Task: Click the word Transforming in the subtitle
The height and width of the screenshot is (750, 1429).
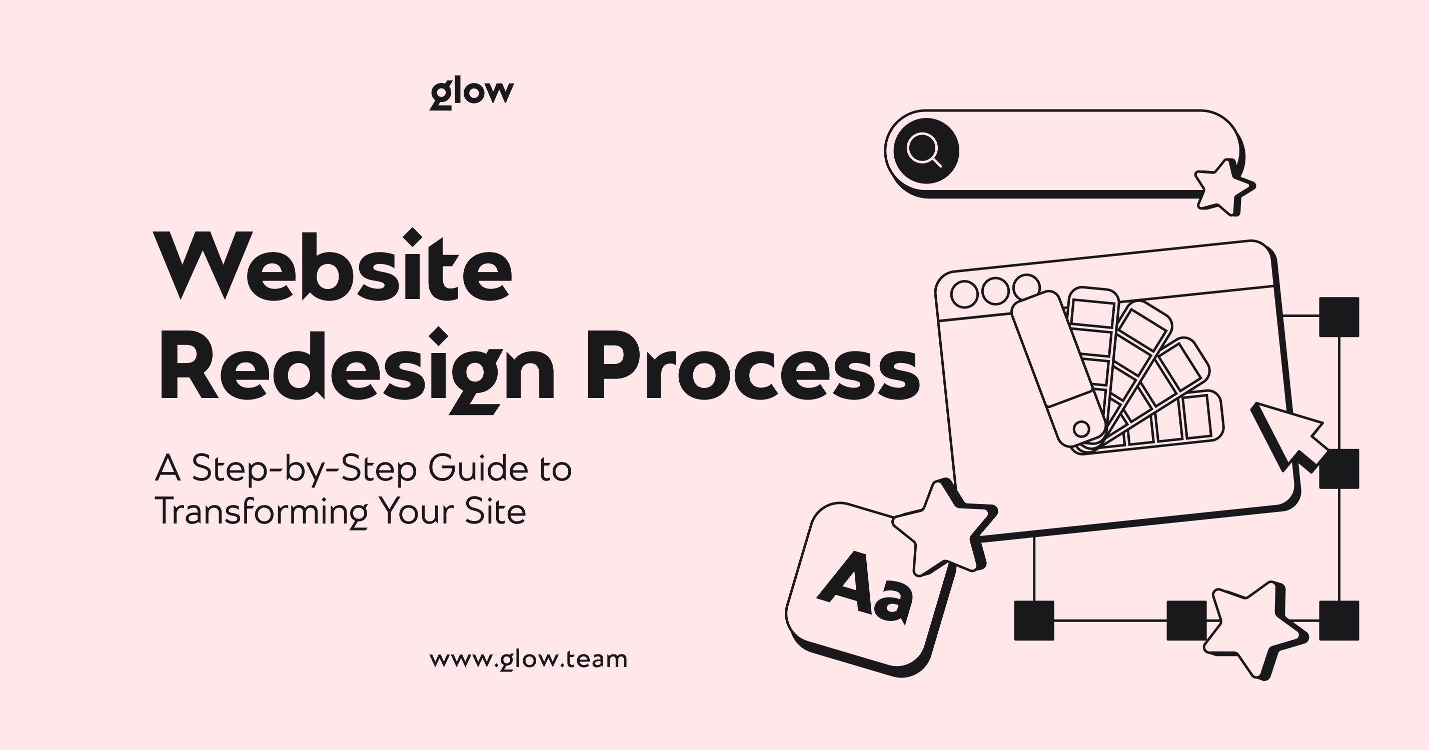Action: (262, 512)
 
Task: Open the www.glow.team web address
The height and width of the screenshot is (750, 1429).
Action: (529, 659)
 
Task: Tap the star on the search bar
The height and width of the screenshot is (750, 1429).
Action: (1224, 187)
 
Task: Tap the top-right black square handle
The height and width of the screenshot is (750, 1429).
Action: (1339, 317)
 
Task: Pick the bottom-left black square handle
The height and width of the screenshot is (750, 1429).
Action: (1034, 620)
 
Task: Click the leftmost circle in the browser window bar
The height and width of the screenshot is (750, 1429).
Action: (965, 294)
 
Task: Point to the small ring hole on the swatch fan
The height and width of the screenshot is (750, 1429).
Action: (1081, 428)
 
